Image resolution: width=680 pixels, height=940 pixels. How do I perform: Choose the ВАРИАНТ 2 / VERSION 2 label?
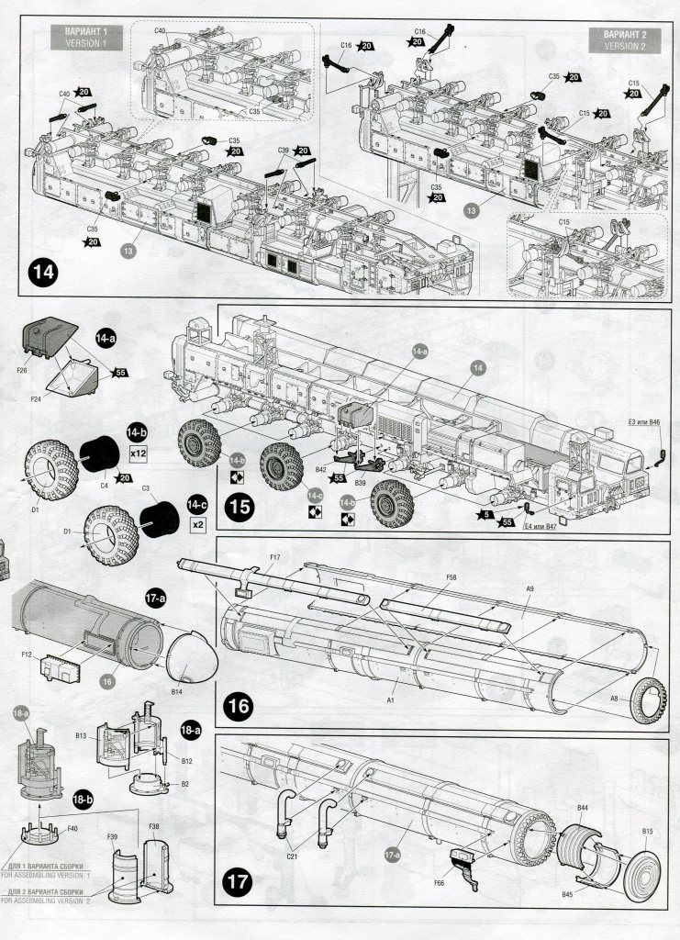click(x=626, y=39)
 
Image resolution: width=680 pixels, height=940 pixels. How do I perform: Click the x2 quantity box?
click(x=197, y=525)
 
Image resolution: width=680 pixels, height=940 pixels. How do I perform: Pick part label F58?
click(x=451, y=577)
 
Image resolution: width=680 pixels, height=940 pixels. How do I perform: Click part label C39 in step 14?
click(x=283, y=151)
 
